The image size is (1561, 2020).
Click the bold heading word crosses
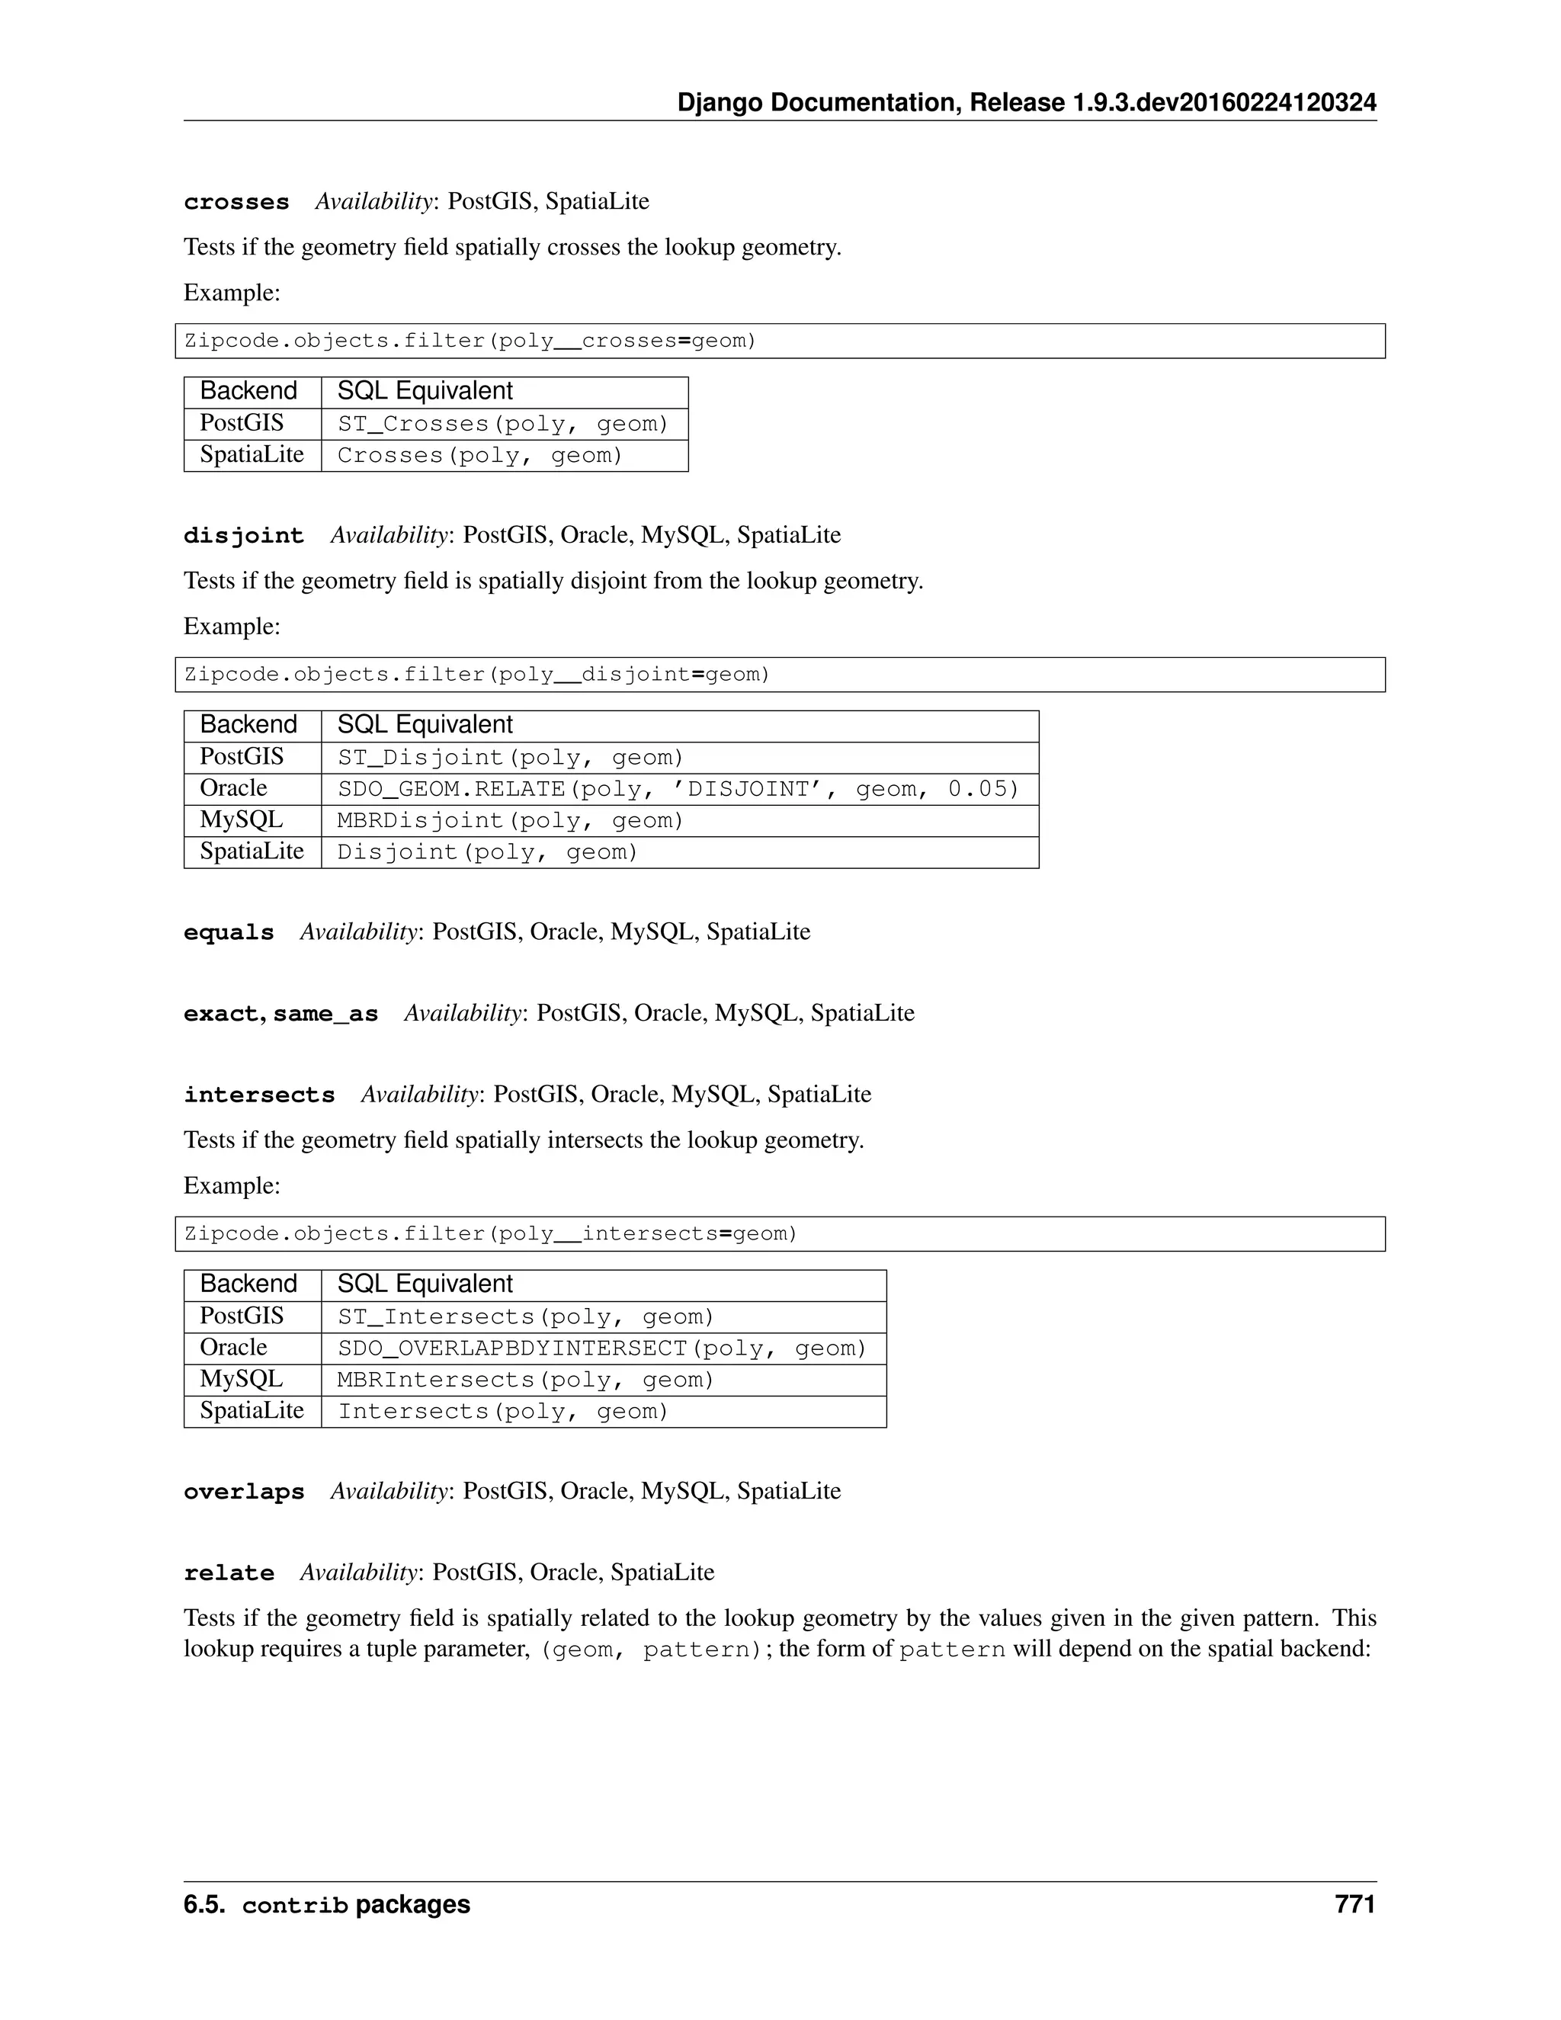[x=236, y=202]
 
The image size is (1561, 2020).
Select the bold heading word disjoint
[x=243, y=536]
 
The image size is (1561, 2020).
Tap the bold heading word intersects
[x=259, y=1095]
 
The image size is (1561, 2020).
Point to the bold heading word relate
[x=229, y=1573]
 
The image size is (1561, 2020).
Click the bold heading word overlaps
[x=243, y=1492]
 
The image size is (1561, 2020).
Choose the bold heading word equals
[x=229, y=932]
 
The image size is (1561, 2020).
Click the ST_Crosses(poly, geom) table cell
[x=502, y=425]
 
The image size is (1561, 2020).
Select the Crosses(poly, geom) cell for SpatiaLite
[x=480, y=456]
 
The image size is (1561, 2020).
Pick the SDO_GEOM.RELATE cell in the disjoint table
[x=678, y=789]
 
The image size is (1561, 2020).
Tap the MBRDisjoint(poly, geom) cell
[x=510, y=821]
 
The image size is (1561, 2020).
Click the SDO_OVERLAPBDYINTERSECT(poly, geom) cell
[x=601, y=1348]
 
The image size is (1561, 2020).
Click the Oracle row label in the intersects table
[x=233, y=1348]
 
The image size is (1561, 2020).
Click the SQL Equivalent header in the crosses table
[x=425, y=391]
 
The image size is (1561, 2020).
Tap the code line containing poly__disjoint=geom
[x=477, y=675]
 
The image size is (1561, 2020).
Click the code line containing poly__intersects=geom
[x=490, y=1234]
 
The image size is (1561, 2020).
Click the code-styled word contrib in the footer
[x=294, y=1906]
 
